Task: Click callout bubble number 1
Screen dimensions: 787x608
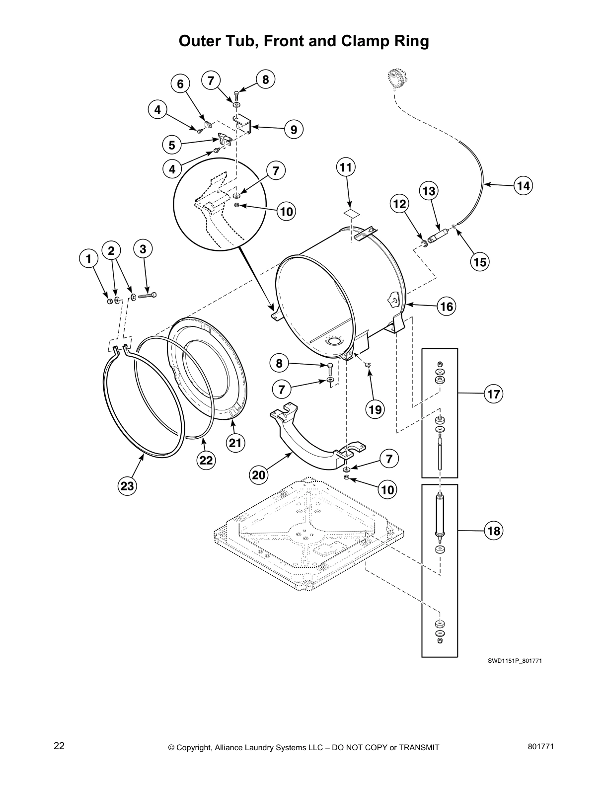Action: (x=88, y=259)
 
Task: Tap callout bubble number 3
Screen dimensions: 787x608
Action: (x=143, y=249)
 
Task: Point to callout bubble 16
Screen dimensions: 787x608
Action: (x=447, y=307)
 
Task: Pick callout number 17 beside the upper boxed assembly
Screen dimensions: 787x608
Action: (x=494, y=394)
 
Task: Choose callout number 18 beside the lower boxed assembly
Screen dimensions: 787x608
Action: (x=494, y=531)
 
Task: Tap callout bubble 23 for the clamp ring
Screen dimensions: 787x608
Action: (x=127, y=485)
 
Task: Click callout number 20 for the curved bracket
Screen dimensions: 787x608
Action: (x=259, y=475)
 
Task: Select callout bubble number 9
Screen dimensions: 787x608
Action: (x=294, y=130)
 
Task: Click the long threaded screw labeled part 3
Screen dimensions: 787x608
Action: (x=148, y=296)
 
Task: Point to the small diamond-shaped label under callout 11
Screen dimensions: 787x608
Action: (x=351, y=213)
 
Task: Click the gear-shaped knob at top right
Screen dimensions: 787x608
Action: (x=396, y=80)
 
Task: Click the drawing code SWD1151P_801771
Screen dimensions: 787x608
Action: (x=514, y=661)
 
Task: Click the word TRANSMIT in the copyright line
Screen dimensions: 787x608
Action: (x=415, y=747)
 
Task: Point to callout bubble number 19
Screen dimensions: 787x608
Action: (x=376, y=409)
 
